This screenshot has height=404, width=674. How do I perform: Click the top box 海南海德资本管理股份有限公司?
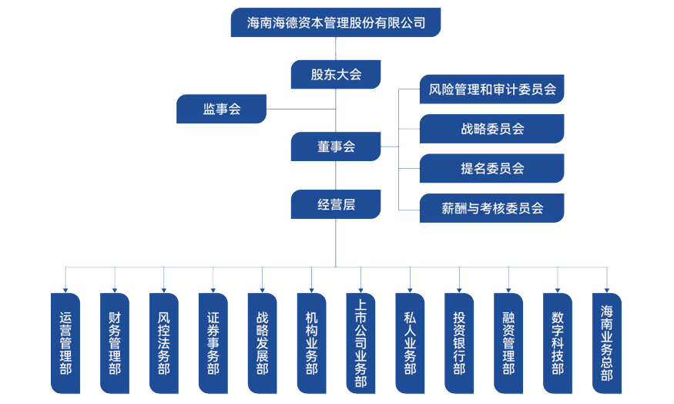[336, 22]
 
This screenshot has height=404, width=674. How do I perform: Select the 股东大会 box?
[336, 75]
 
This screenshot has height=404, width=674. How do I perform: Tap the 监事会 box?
[222, 109]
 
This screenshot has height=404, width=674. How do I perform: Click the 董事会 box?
[336, 146]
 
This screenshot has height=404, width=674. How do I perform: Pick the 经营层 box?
[336, 205]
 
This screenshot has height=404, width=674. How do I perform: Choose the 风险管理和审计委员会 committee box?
[491, 89]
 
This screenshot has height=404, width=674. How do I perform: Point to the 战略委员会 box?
[491, 129]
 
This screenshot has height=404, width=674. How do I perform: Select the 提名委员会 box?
[491, 168]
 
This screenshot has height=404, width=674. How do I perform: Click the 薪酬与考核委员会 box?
[491, 208]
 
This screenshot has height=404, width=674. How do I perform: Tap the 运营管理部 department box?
[65, 343]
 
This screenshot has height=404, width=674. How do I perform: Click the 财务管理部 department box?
[115, 343]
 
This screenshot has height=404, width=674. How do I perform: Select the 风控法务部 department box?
[164, 343]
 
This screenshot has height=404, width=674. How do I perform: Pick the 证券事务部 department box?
[213, 343]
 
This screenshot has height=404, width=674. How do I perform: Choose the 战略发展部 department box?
[263, 343]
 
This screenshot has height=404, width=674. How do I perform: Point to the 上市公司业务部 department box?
[360, 343]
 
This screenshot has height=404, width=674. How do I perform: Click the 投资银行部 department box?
[459, 343]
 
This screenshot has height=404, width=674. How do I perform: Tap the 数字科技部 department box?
[558, 343]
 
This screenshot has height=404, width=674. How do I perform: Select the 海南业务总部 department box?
[607, 343]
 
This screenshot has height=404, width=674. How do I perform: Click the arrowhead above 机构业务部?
[312, 289]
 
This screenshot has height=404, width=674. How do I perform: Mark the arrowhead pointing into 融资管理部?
[508, 289]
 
